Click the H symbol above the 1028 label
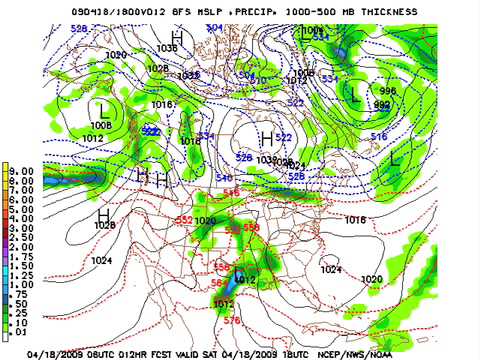click(103, 213)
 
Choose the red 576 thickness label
click(231, 320)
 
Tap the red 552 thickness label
click(184, 219)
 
